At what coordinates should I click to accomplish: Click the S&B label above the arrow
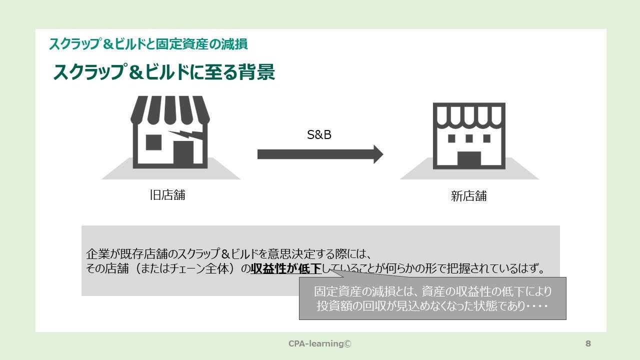319,135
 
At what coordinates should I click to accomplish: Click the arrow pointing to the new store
320,154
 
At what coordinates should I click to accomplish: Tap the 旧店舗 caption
167,195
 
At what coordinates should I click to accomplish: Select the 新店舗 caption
468,196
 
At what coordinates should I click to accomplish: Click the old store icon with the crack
170,132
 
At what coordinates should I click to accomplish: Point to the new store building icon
469,136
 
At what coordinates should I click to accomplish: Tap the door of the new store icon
469,160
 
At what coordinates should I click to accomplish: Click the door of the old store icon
183,152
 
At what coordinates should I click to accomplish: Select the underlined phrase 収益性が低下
286,269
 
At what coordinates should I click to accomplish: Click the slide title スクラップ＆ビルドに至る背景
164,72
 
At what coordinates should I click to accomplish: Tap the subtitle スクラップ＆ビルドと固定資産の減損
148,44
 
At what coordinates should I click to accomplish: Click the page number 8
588,343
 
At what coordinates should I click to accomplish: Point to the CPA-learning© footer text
320,343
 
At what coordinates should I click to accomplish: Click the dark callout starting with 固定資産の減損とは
432,298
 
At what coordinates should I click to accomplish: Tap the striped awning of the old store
170,110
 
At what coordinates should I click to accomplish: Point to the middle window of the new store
469,138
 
